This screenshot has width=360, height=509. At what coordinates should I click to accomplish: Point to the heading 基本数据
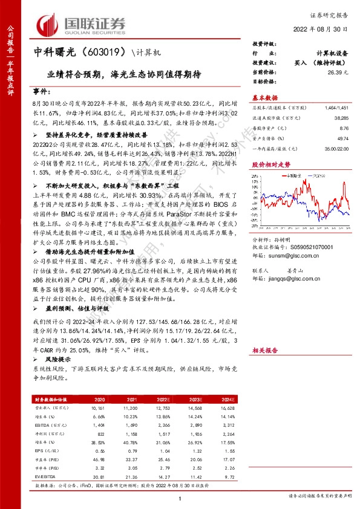[x=264, y=97]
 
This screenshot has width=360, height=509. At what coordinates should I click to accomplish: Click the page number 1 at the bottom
[x=180, y=498]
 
